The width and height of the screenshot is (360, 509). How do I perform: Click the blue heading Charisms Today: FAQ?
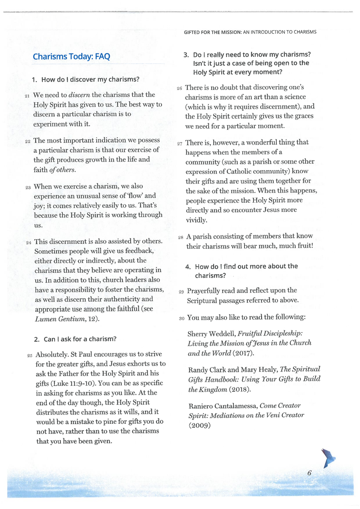coord(71,57)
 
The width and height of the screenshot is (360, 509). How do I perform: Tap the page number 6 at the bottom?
coord(309,473)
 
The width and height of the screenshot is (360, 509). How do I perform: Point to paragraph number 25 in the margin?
coord(30,355)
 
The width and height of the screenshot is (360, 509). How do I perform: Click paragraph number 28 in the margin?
coord(180,237)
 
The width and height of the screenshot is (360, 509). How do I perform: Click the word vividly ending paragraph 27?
coord(196,220)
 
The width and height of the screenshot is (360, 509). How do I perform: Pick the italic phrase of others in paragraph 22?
coord(64,170)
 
